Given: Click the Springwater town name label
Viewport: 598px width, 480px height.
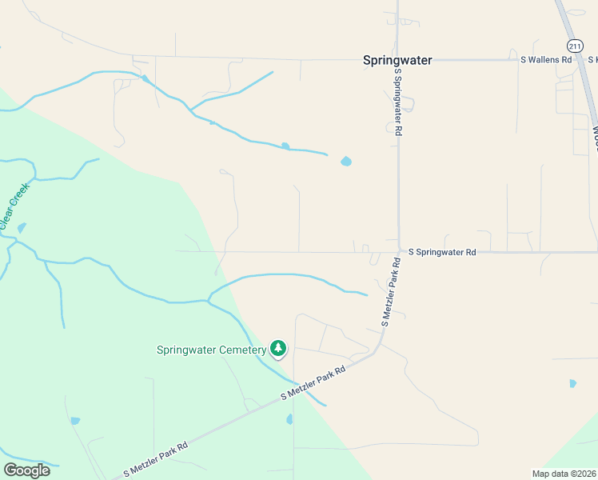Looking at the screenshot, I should (x=397, y=60).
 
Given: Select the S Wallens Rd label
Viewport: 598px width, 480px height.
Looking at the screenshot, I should (x=546, y=59).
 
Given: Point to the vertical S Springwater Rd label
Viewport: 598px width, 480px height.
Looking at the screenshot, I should (x=397, y=102).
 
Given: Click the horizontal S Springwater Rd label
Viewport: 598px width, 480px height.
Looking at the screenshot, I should (x=442, y=252).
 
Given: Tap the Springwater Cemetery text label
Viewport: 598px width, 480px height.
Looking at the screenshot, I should (x=211, y=350).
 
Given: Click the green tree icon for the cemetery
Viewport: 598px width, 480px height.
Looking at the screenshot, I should (x=278, y=348).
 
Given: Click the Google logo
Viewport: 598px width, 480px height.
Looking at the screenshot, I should (x=26, y=470).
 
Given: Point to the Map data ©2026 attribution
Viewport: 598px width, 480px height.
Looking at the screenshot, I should (x=564, y=474).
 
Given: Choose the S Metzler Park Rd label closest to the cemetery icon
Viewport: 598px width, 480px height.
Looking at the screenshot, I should (x=313, y=383).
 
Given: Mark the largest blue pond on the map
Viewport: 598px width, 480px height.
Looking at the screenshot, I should (x=345, y=161).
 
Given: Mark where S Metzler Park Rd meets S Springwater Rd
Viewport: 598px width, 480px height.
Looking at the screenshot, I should (x=399, y=252).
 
